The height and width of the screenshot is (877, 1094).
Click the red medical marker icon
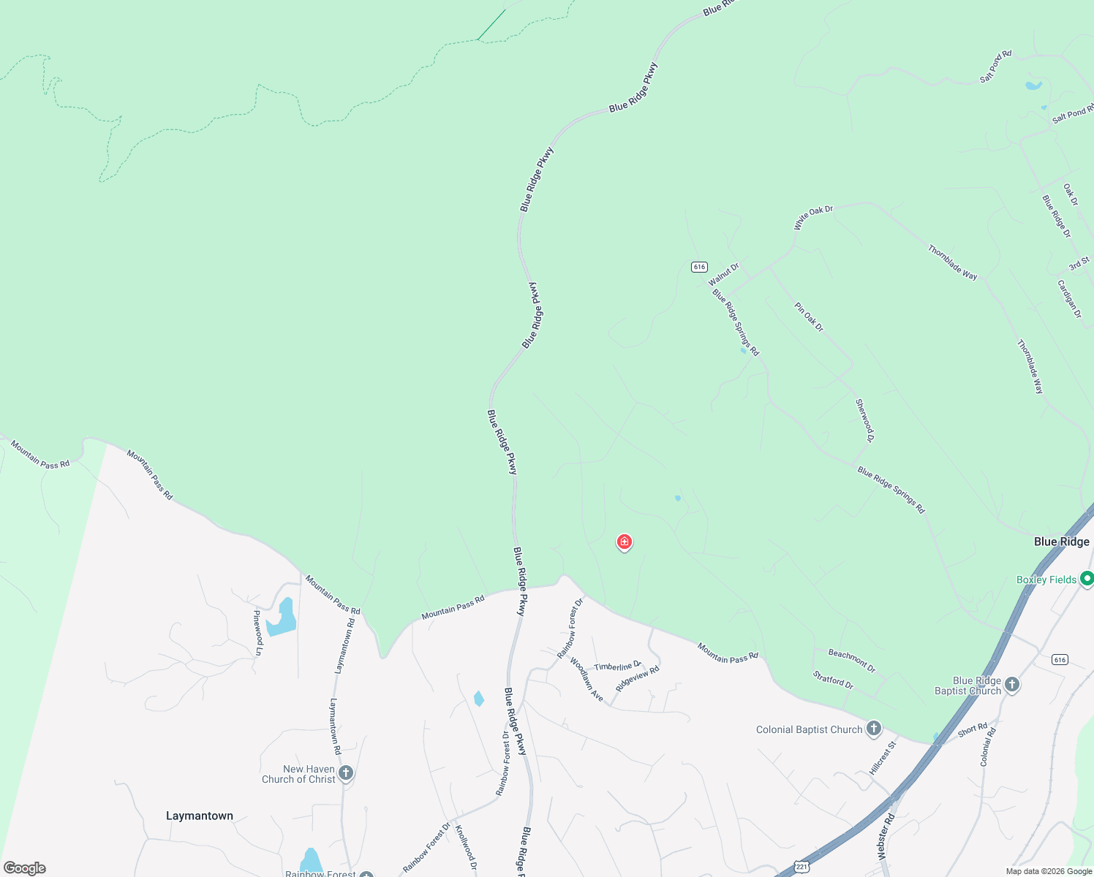(625, 542)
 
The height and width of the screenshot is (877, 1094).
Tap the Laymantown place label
(200, 816)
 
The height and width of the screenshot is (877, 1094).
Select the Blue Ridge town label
(1062, 542)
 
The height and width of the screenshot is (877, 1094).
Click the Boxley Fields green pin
(1087, 579)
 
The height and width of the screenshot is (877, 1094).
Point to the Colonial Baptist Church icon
(873, 729)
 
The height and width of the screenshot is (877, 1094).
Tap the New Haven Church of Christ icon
(346, 772)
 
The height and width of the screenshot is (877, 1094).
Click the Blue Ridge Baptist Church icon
(1012, 685)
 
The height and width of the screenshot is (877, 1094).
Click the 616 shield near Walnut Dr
(699, 267)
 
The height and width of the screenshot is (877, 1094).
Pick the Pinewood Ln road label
(257, 627)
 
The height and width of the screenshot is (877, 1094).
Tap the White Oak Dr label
(813, 217)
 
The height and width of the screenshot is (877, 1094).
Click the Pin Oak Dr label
(809, 317)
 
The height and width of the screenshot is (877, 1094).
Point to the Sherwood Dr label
(864, 420)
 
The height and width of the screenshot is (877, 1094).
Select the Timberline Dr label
(617, 666)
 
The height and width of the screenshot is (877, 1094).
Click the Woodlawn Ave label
(586, 680)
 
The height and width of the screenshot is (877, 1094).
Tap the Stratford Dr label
(833, 680)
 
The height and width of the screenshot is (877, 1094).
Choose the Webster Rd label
(886, 836)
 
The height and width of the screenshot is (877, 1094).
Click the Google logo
(24, 867)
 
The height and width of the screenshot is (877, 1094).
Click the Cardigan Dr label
(1068, 298)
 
